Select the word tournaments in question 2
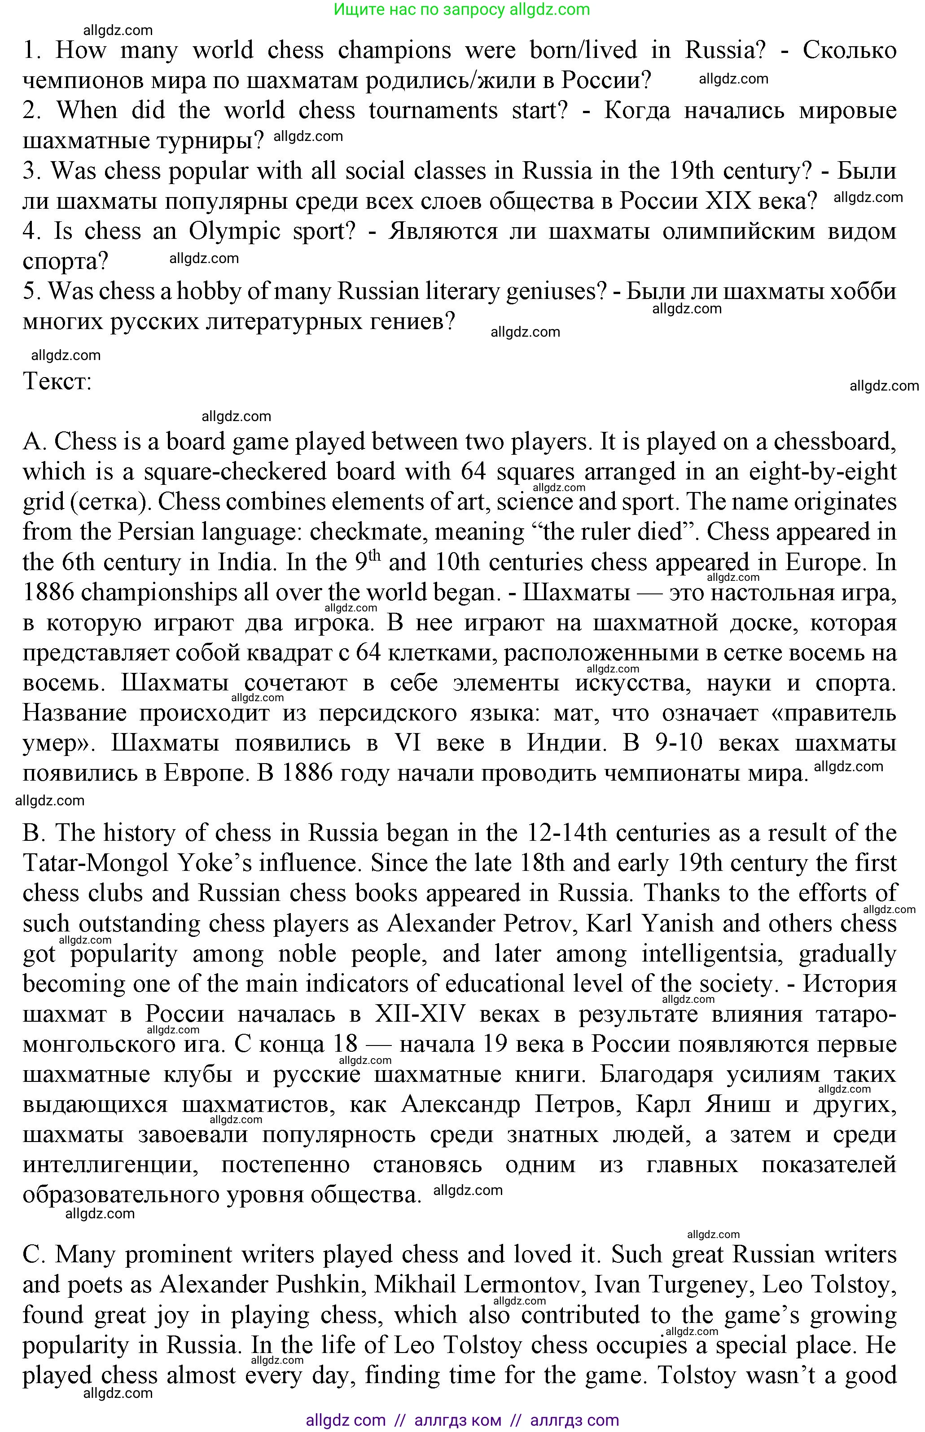(x=433, y=111)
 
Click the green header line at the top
(x=462, y=9)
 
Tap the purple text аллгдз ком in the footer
(x=458, y=1420)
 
